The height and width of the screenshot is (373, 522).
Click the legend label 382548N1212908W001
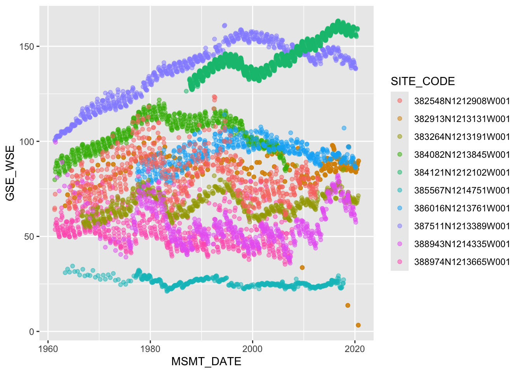pos(462,101)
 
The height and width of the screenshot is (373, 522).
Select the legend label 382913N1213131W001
pos(462,119)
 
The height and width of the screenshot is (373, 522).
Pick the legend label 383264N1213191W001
pos(462,137)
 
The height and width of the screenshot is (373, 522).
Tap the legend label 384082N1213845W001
pos(462,155)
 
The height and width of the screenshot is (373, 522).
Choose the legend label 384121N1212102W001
pos(462,173)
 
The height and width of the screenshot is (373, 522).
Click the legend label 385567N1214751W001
pos(462,190)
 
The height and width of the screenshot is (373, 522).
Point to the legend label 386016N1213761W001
pos(462,208)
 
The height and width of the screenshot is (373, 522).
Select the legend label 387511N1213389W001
pos(462,226)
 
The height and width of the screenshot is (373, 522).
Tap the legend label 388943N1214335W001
pos(462,244)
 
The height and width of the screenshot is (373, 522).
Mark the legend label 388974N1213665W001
pos(462,262)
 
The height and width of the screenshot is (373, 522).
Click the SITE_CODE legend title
pos(423,82)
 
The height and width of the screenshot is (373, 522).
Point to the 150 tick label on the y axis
pos(27,47)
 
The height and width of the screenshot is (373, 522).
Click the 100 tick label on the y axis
pos(27,141)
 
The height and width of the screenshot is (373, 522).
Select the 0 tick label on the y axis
pos(32,332)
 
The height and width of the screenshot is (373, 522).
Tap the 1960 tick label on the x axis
pos(48,349)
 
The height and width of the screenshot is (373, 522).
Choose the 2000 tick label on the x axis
pos(252,349)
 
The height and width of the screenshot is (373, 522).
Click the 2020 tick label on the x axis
pos(355,349)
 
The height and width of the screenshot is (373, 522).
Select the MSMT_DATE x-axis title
pos(206,362)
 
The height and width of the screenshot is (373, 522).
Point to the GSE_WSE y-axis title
pos(10,173)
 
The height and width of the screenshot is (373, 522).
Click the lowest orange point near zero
pos(358,325)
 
